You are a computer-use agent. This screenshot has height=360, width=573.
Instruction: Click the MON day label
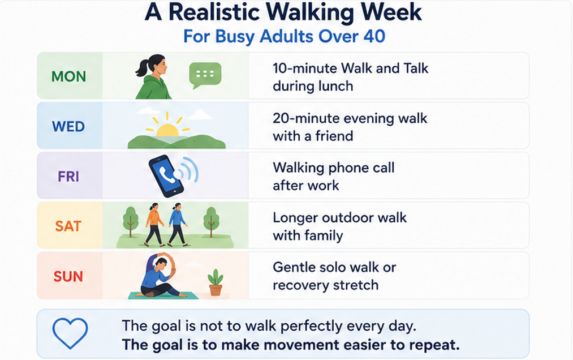tap(68, 76)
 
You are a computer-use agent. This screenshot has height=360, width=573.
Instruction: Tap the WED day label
tap(68, 127)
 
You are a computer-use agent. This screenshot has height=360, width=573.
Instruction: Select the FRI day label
tap(68, 177)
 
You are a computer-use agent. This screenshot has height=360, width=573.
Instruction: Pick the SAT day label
tap(68, 226)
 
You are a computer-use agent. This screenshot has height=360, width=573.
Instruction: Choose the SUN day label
tap(68, 276)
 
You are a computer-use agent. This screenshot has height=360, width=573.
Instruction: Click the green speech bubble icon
tap(205, 75)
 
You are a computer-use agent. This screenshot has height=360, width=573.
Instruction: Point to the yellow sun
tap(167, 128)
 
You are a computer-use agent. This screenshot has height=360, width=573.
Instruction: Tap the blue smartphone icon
tap(166, 175)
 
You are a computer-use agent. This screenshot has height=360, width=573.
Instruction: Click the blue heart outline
tap(70, 333)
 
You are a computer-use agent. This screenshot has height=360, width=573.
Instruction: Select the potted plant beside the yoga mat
tap(216, 282)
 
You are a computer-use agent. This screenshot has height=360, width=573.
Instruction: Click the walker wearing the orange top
tap(154, 225)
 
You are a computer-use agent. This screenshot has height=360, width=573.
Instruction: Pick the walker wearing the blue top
tap(178, 225)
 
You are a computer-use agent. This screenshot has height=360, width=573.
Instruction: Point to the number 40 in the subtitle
tap(374, 37)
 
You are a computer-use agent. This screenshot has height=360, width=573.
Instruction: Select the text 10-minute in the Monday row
tap(304, 68)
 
